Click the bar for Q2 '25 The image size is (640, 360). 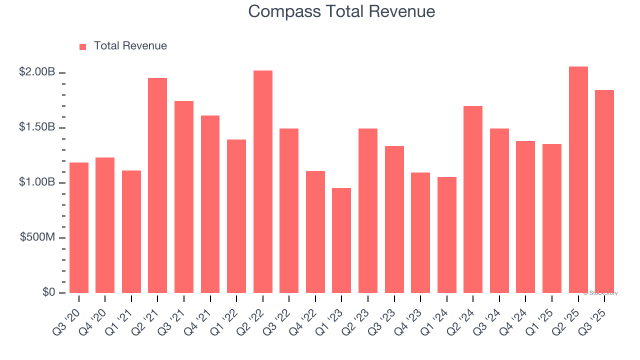(x=578, y=180)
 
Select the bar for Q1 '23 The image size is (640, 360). (x=341, y=240)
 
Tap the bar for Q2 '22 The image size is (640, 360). (x=263, y=182)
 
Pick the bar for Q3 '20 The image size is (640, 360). (x=79, y=228)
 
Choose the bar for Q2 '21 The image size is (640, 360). (x=157, y=185)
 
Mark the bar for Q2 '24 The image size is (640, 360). (x=473, y=199)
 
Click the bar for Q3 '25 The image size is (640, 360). (x=604, y=191)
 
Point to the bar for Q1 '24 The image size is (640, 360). (x=446, y=235)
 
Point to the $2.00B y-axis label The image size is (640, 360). (x=37, y=72)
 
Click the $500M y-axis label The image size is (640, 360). (x=37, y=237)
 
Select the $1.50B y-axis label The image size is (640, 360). (x=37, y=127)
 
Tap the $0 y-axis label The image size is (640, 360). (x=48, y=292)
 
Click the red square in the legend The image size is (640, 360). (x=83, y=46)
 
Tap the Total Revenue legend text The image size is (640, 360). (x=130, y=46)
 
